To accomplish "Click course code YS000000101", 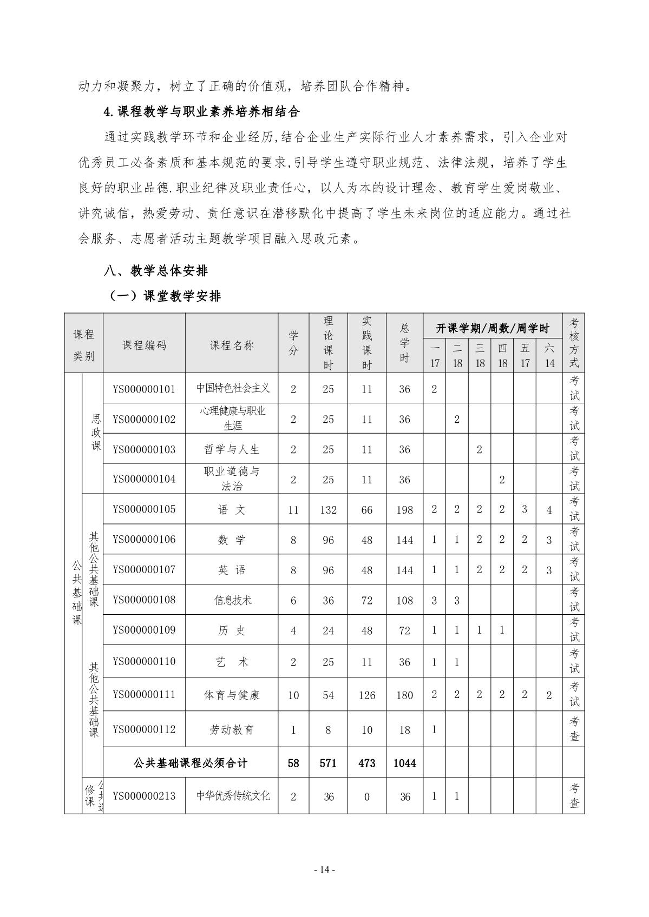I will tap(144, 389).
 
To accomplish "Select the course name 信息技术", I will tap(232, 600).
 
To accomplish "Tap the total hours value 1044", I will tap(404, 763).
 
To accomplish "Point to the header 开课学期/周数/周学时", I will tap(492, 328).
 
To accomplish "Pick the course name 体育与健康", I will tap(232, 695).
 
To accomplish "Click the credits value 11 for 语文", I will tap(293, 510).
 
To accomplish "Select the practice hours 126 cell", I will tap(366, 695).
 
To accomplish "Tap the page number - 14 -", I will tap(325, 869).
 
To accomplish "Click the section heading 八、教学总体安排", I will tap(156, 270).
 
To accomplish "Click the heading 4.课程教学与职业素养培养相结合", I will tap(201, 112).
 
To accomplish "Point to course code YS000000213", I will tap(144, 796).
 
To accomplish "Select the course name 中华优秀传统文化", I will tap(233, 796).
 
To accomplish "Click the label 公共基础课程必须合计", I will tap(190, 763).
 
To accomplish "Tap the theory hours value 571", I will tap(328, 763).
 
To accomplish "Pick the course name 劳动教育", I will tap(232, 729).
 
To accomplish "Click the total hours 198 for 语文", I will tap(404, 510).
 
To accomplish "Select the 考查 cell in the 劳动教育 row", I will tap(574, 729).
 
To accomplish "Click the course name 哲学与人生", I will tap(232, 449).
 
